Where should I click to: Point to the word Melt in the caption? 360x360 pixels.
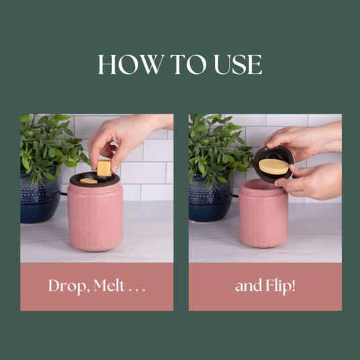pyautogui.click(x=109, y=285)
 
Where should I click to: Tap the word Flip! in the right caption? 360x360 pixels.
pyautogui.click(x=280, y=286)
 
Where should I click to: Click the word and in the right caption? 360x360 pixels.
pyautogui.click(x=249, y=286)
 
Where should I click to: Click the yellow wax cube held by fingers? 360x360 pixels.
pyautogui.click(x=104, y=169)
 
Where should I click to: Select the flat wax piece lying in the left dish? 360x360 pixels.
pyautogui.click(x=89, y=181)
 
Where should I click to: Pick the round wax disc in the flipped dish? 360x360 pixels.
pyautogui.click(x=274, y=167)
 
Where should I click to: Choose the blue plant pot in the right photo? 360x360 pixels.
pyautogui.click(x=210, y=199)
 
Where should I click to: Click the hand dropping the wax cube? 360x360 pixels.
pyautogui.click(x=124, y=140)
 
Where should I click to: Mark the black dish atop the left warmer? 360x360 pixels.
pyautogui.click(x=94, y=179)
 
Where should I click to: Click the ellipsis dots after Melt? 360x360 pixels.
pyautogui.click(x=137, y=290)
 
